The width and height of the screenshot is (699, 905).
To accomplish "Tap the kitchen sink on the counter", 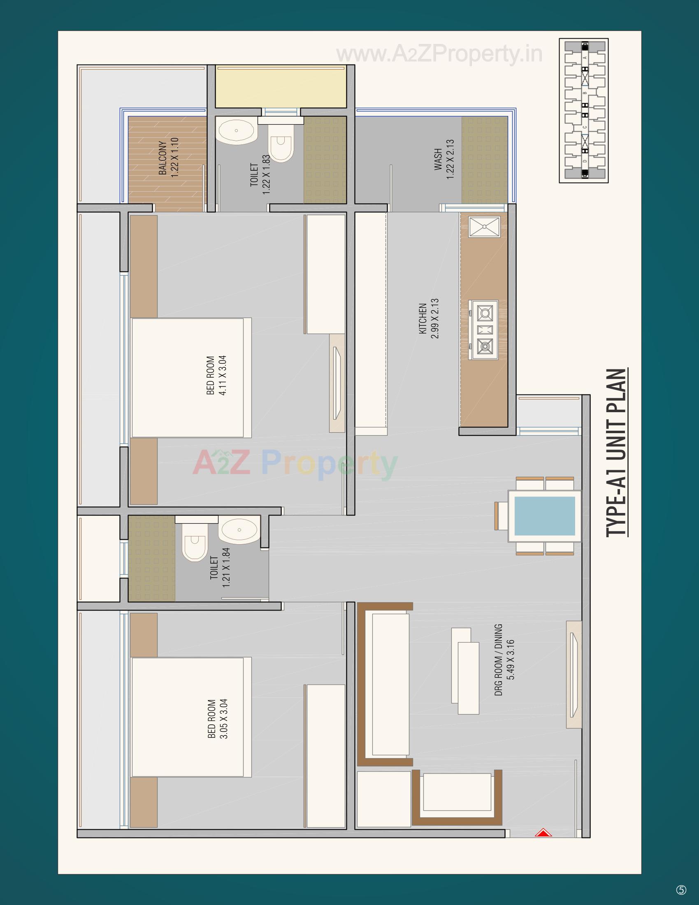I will pos(484,227).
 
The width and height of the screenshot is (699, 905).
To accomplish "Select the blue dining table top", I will pos(544,516).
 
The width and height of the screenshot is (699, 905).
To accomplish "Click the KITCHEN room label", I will pos(423,319).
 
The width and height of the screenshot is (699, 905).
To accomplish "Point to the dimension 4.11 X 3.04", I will pos(223,376).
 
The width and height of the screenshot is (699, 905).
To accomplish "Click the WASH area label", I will pos(439,160).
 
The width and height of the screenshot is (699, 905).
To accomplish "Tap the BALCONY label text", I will pos(163,158).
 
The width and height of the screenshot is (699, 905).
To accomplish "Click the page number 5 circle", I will pos(681,890).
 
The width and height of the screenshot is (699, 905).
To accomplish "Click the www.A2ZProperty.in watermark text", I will pos(439,54).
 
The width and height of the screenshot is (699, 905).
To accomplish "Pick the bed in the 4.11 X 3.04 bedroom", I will pos(191,378).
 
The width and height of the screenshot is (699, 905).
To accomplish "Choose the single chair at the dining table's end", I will pos(501,515).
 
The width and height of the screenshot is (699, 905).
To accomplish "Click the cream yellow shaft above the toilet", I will pos(281,86).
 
